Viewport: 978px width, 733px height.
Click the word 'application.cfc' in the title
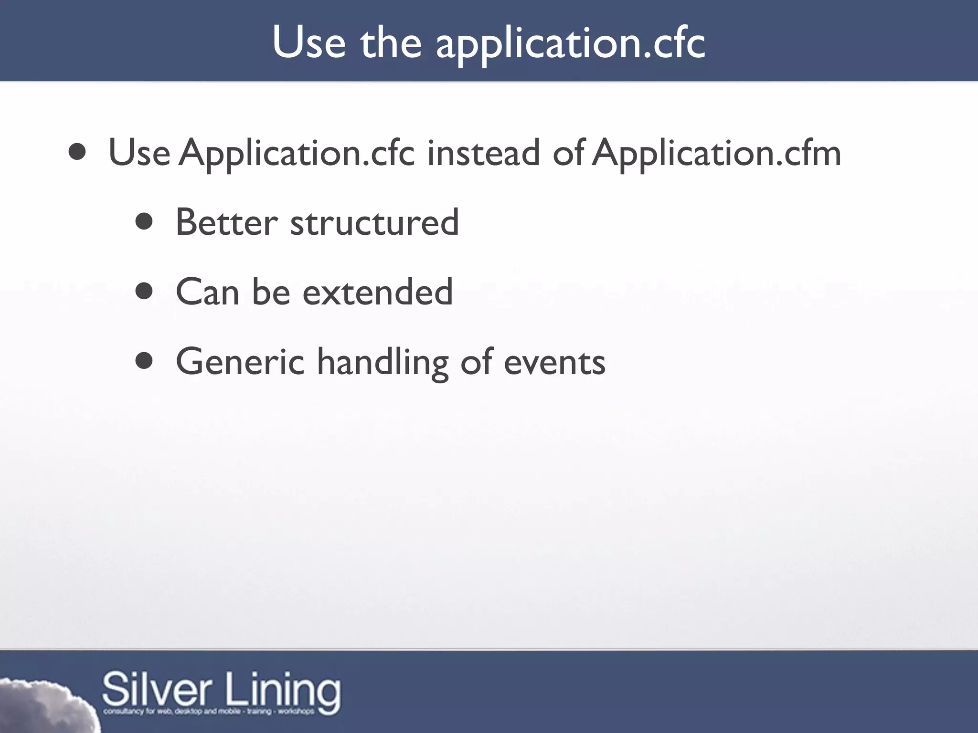[570, 44]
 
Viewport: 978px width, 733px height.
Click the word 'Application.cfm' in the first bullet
[716, 154]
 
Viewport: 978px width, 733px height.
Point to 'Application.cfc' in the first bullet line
[297, 154]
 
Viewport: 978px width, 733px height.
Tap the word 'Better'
[226, 222]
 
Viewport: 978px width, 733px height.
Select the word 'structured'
[374, 223]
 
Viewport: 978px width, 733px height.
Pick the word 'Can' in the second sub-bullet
[207, 292]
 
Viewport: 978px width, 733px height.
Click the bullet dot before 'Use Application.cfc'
[77, 152]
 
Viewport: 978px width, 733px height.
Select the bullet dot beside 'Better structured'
[144, 222]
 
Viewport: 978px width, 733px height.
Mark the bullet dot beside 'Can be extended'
[144, 292]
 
